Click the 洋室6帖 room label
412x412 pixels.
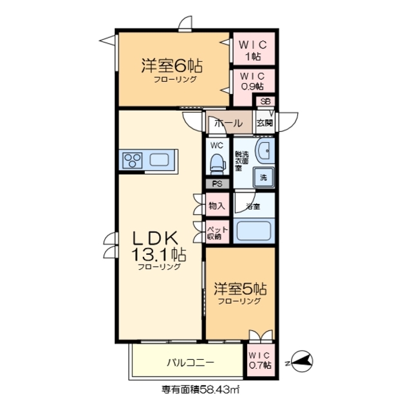(172, 66)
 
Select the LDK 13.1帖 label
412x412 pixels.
(157, 246)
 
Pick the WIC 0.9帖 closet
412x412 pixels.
(252, 80)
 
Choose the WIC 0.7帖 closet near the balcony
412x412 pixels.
(259, 359)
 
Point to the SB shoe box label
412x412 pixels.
(265, 102)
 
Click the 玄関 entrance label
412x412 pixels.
(265, 122)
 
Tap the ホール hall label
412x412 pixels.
(228, 123)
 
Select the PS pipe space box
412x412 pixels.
(216, 183)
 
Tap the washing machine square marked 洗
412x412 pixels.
(263, 176)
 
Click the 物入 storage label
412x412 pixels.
(216, 206)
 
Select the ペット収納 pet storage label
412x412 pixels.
(215, 232)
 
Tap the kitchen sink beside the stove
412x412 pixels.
(159, 160)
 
